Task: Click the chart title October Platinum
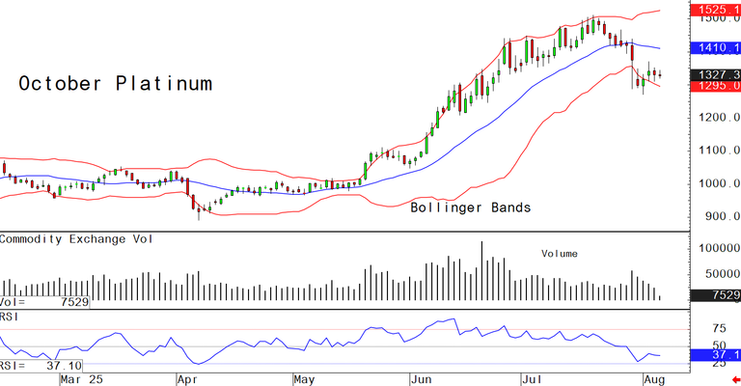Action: click(115, 84)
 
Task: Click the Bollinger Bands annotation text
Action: click(471, 207)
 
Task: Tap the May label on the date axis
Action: click(305, 378)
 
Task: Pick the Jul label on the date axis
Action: click(533, 378)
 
